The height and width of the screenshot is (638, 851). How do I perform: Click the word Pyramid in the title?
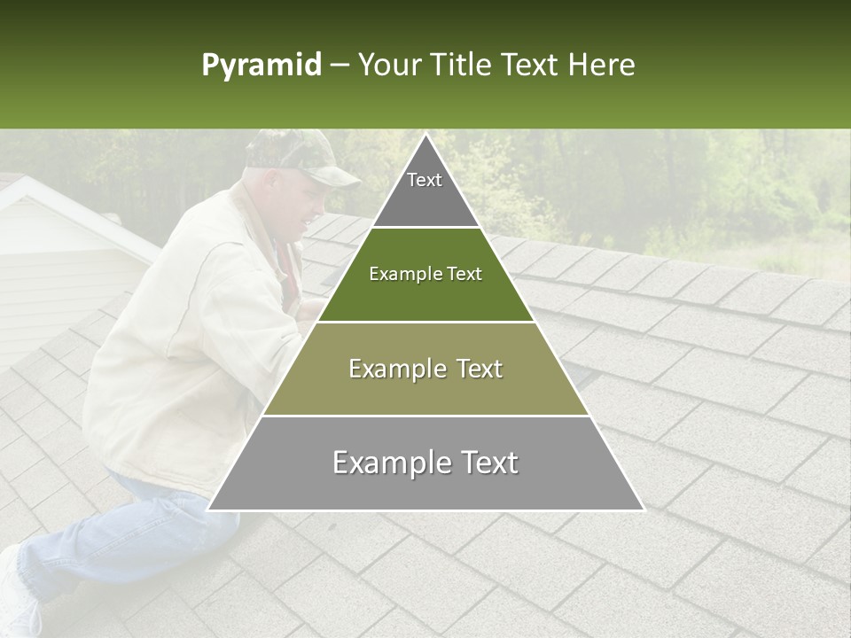261,66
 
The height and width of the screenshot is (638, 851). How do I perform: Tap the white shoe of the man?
16,594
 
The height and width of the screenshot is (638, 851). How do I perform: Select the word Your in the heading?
388,65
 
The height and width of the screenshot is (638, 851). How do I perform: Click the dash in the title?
338,66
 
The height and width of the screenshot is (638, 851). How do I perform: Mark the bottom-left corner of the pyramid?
208,510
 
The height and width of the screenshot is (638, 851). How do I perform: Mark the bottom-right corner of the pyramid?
644,510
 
